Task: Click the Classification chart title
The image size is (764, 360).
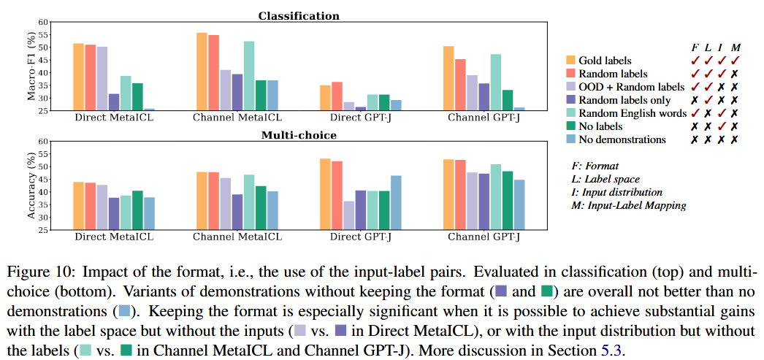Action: click(x=299, y=15)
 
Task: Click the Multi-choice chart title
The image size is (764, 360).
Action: click(x=299, y=134)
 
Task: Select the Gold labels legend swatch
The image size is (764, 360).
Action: click(x=570, y=60)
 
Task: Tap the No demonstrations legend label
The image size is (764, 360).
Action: click(x=622, y=139)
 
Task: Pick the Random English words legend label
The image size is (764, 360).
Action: click(x=633, y=113)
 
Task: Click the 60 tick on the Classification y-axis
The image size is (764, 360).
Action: click(x=42, y=22)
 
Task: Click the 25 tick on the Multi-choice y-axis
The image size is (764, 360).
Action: click(x=42, y=230)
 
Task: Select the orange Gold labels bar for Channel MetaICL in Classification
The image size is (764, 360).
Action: click(x=202, y=72)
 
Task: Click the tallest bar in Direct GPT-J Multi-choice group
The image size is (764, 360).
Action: click(x=325, y=194)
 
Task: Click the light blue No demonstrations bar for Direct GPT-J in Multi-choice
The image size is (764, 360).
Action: click(x=396, y=202)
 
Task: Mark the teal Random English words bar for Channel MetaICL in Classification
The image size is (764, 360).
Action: click(x=249, y=76)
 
